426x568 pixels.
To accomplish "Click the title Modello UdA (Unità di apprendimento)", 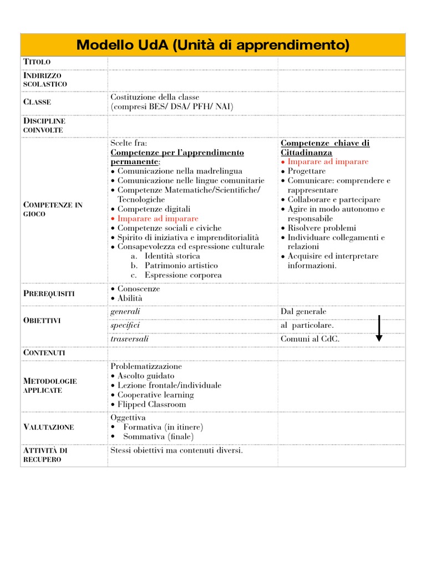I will [x=212, y=45].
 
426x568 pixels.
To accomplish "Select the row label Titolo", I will [x=37, y=61].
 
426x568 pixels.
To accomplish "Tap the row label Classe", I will [x=37, y=102].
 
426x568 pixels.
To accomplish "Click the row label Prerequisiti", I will [x=49, y=293].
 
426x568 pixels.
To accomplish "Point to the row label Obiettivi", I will [x=42, y=321].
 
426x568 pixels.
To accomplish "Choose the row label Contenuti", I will [x=44, y=353].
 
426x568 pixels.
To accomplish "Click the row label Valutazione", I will [x=49, y=427].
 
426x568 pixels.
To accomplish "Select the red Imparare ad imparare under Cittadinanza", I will [x=327, y=162].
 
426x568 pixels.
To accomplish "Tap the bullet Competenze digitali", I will [x=154, y=209].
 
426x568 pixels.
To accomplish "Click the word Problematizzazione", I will [x=146, y=367].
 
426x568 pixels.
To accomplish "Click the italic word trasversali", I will [x=130, y=338].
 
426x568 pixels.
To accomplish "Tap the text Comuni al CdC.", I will [x=310, y=339].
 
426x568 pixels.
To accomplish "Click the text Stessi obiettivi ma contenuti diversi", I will [x=176, y=450].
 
